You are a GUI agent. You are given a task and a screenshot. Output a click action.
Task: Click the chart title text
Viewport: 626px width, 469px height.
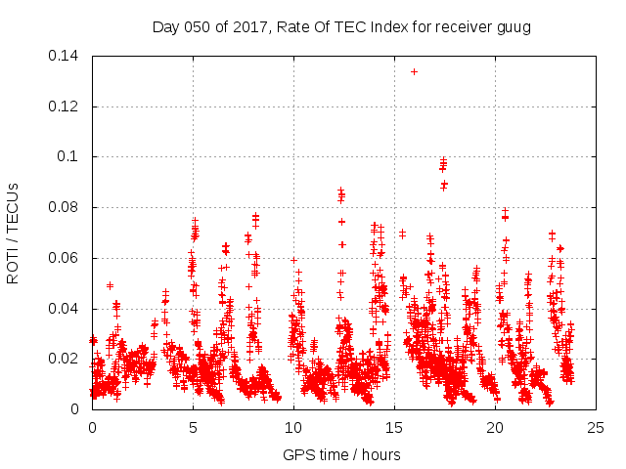[341, 27]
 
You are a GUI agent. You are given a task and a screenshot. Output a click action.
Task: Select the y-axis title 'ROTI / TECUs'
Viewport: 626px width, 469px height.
[14, 232]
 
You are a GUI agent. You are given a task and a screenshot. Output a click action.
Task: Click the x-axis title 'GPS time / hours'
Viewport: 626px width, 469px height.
[341, 454]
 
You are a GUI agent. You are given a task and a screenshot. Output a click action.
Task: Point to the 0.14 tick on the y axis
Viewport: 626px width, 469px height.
[66, 55]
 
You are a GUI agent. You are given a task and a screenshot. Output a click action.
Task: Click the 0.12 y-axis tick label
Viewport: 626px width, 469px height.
[66, 106]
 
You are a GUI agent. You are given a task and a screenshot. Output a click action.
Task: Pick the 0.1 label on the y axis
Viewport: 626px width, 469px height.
[71, 156]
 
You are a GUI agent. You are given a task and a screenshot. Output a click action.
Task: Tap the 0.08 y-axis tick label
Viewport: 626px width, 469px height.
[66, 207]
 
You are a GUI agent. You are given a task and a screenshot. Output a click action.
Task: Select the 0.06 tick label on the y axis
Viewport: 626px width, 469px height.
[66, 258]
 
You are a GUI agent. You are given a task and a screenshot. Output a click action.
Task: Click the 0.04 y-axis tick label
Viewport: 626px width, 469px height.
[66, 309]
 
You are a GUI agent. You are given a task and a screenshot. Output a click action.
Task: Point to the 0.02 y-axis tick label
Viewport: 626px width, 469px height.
[66, 359]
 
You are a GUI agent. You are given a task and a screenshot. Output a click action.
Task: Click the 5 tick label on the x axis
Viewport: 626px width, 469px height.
[193, 427]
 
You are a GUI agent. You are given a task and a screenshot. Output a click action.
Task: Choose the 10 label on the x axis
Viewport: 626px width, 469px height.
[293, 427]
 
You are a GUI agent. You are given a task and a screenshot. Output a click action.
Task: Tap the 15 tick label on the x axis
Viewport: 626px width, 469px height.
[394, 427]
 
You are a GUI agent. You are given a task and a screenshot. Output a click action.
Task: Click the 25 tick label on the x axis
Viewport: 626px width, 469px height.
[596, 427]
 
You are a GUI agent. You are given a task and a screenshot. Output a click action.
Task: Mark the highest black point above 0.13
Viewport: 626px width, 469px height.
[414, 71]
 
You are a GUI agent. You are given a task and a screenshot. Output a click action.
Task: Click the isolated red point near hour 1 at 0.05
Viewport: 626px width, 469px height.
[110, 285]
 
